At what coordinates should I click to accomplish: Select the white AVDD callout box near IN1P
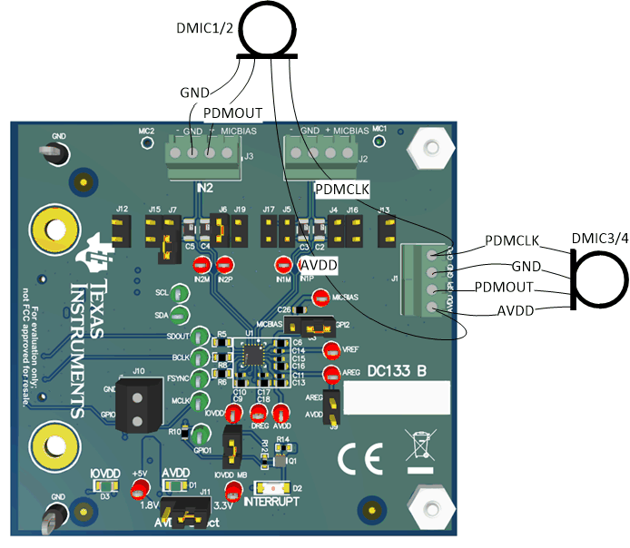[319, 263]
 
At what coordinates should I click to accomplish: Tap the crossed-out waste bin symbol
[419, 452]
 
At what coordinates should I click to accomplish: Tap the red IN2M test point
[202, 265]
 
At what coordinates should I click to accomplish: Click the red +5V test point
[140, 491]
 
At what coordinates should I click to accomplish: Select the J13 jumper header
[385, 228]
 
